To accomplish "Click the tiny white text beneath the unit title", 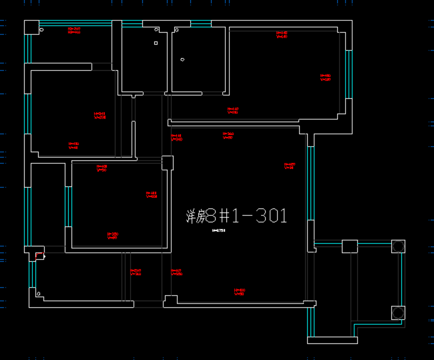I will click(x=218, y=231).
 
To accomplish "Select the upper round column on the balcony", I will click(x=398, y=246).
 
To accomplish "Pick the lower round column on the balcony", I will click(x=398, y=313).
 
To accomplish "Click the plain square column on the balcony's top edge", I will click(x=350, y=246).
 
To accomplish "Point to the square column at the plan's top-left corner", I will click(x=31, y=28).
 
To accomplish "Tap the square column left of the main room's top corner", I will click(x=167, y=163).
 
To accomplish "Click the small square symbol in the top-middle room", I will click(x=156, y=43).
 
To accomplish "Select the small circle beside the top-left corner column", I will click(x=42, y=30).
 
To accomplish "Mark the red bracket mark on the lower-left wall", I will click(x=39, y=256).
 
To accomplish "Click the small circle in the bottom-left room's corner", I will click(x=39, y=293).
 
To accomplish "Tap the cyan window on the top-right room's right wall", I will click(x=349, y=74).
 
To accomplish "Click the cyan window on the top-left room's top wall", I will click(x=75, y=23).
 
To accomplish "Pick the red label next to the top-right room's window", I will click(x=325, y=77).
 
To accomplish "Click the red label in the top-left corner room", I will click(x=74, y=30).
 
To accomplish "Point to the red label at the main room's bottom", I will click(x=239, y=292).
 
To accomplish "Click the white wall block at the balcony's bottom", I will click(x=332, y=340).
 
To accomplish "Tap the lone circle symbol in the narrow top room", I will click(x=182, y=59).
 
